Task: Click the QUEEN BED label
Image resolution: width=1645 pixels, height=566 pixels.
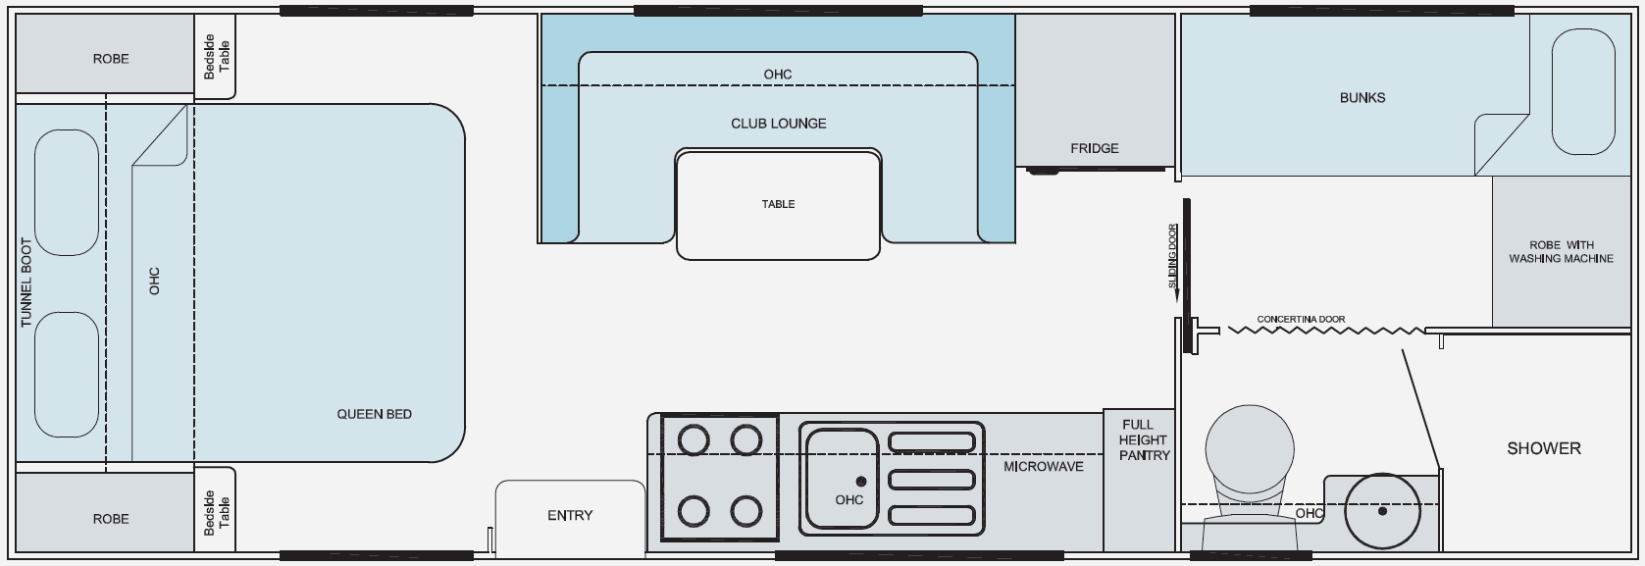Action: point(374,414)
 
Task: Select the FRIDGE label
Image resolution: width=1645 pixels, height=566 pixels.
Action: point(1095,148)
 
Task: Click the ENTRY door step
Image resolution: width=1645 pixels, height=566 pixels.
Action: point(570,517)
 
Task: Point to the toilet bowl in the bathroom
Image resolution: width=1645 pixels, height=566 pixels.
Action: point(1249,449)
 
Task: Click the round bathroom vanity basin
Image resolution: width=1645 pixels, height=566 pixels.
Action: point(1382,511)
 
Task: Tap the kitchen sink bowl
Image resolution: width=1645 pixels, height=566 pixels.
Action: point(842,479)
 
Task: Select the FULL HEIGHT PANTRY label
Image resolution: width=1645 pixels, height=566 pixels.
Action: point(1143,439)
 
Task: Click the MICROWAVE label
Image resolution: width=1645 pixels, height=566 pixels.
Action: point(1044,467)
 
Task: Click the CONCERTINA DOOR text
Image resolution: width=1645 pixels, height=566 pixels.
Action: point(1301,320)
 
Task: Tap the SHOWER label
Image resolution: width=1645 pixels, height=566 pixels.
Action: point(1544,448)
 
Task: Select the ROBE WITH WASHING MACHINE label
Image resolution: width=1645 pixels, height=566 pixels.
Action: point(1562,252)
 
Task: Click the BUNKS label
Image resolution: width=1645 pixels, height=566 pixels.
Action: point(1362,98)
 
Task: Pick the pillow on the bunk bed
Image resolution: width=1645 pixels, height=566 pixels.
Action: point(1582,92)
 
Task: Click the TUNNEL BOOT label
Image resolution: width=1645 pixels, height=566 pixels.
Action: point(26,283)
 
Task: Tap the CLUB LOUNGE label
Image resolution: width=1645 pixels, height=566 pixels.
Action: point(779,124)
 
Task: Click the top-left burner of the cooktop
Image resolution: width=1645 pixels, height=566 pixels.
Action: point(694,440)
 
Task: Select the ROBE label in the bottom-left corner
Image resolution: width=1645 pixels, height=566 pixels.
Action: point(111,519)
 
